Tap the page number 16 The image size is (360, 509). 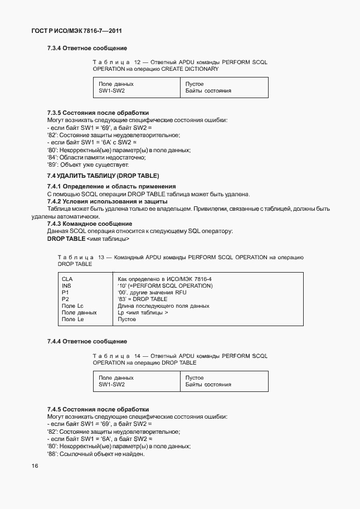pyautogui.click(x=35, y=467)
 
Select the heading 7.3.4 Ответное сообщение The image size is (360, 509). pyautogui.click(x=87, y=49)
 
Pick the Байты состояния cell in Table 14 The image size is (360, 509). pyautogui.click(x=208, y=385)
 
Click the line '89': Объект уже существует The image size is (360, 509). pyautogui.click(x=88, y=165)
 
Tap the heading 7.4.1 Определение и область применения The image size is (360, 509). pyautogui.click(x=111, y=186)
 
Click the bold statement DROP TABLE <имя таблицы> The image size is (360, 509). pyautogui.click(x=88, y=239)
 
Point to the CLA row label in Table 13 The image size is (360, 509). pyautogui.click(x=67, y=278)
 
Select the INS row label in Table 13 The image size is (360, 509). pyautogui.click(x=66, y=285)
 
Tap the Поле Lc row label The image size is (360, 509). pyautogui.click(x=72, y=306)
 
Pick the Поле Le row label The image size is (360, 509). pyautogui.click(x=72, y=319)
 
